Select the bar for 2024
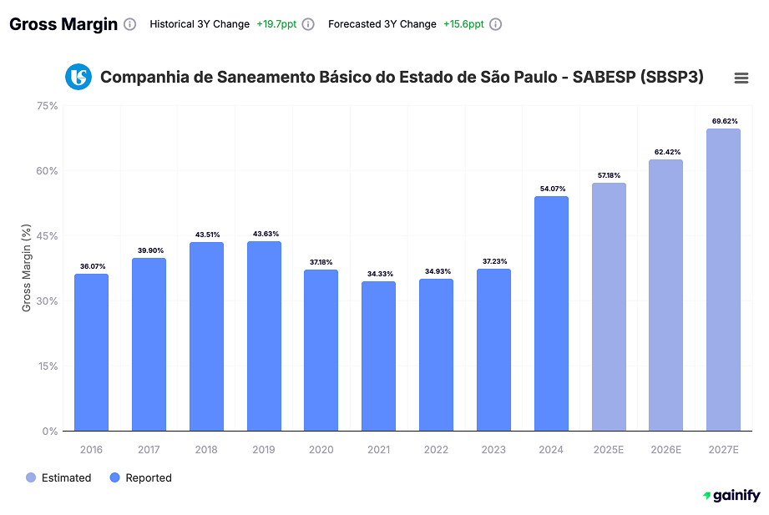551,314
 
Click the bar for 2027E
723,280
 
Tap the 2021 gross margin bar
378,356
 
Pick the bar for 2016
91,352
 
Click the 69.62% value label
725,121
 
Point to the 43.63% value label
264,234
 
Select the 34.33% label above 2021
379,274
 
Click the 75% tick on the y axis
47,106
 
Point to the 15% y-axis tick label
47,366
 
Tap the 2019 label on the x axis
264,450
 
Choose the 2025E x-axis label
609,450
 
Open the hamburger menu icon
741,78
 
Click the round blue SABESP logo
78,77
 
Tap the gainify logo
731,496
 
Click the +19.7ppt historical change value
276,24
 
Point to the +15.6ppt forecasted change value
463,24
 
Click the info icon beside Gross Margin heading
129,24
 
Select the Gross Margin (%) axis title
27,268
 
